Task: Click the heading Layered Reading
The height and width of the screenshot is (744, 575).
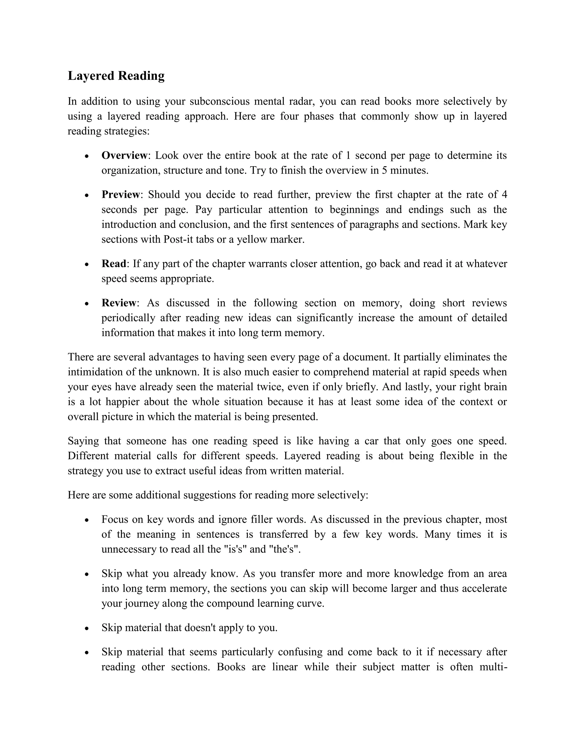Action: tap(116, 76)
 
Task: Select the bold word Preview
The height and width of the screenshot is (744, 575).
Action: tap(120, 195)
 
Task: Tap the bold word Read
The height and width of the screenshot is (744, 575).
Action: tap(114, 264)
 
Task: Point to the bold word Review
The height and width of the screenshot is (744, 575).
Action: tap(119, 303)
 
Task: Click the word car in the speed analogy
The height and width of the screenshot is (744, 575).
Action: tap(371, 441)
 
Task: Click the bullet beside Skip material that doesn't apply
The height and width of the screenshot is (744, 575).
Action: tap(87, 628)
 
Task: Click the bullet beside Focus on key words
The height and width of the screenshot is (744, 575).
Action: tap(87, 520)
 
